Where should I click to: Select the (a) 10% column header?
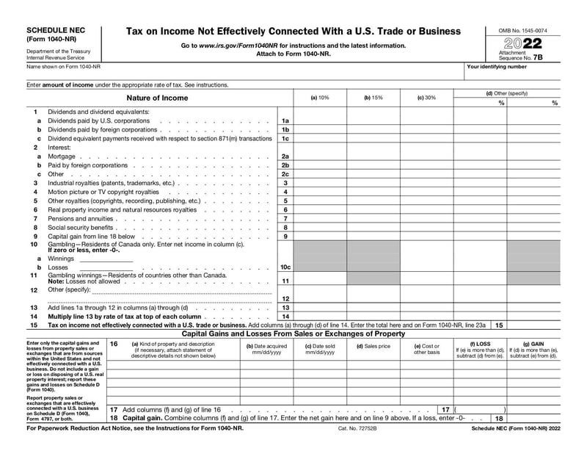(x=320, y=98)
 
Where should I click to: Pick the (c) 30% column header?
(x=426, y=98)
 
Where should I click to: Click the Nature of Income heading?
(x=157, y=98)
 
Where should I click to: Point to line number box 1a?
(x=285, y=120)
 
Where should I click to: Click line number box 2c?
(x=285, y=174)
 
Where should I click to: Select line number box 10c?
(x=285, y=267)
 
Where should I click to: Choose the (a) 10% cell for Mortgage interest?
(x=320, y=156)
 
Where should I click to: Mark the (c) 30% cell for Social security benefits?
(x=426, y=228)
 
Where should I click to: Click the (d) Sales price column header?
(x=373, y=346)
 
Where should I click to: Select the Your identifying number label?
(x=497, y=67)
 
